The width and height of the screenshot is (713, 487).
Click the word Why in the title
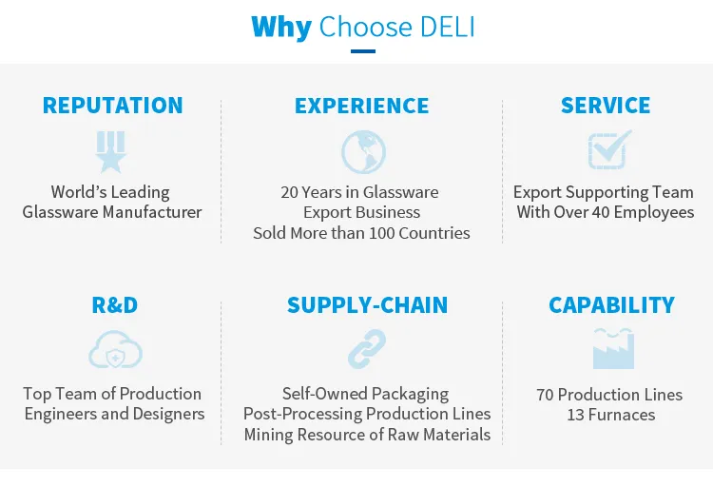pyautogui.click(x=281, y=28)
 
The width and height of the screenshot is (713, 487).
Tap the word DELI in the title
pyautogui.click(x=447, y=27)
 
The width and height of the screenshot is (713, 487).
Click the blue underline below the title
pyautogui.click(x=363, y=51)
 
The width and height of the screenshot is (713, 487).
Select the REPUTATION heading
pyautogui.click(x=113, y=106)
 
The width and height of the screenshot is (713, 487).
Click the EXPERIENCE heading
pyautogui.click(x=362, y=106)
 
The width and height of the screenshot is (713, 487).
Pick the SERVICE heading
pyautogui.click(x=606, y=106)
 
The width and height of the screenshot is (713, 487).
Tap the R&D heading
pyautogui.click(x=115, y=305)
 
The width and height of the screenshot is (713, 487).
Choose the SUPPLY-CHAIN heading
pyautogui.click(x=367, y=305)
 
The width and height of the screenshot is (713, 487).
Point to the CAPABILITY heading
pyautogui.click(x=611, y=305)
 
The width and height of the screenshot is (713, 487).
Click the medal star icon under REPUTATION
pyautogui.click(x=110, y=152)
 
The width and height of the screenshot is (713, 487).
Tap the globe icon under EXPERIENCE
pyautogui.click(x=364, y=152)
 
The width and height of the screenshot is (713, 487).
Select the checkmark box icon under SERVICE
pyautogui.click(x=609, y=149)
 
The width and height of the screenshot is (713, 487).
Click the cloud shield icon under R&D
pyautogui.click(x=115, y=349)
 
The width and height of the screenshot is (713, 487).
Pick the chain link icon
pyautogui.click(x=367, y=349)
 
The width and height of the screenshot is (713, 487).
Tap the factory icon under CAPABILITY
pyautogui.click(x=613, y=349)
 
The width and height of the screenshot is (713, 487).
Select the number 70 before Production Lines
pyautogui.click(x=545, y=395)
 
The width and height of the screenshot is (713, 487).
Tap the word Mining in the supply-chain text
pyautogui.click(x=269, y=435)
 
